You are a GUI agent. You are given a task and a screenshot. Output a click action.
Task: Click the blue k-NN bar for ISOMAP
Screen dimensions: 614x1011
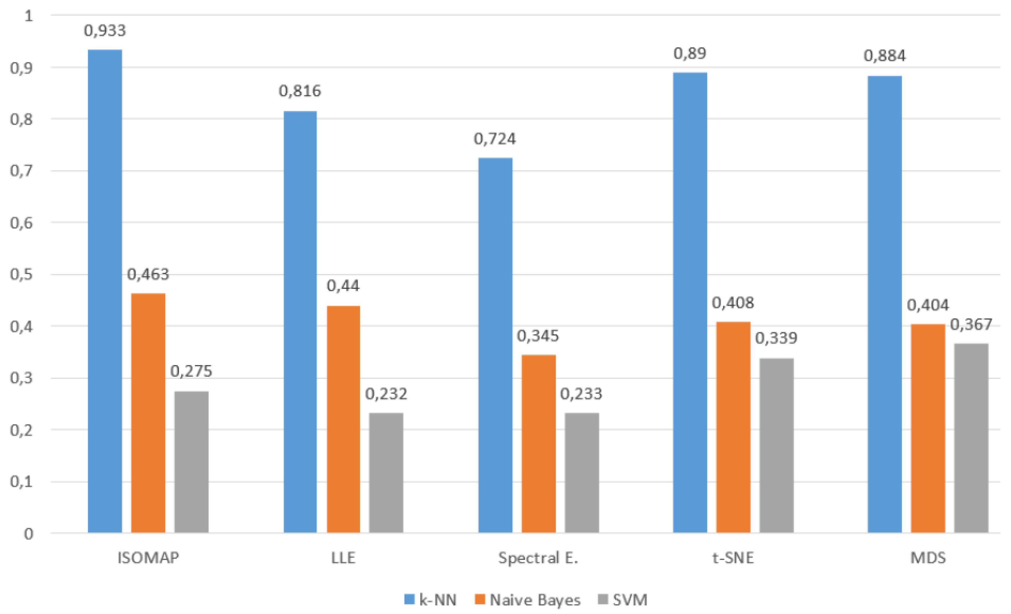[105, 291]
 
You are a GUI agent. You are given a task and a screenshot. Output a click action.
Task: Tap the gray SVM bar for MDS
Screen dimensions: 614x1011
[971, 438]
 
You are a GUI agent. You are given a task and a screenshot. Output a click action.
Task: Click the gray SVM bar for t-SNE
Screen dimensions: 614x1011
[776, 445]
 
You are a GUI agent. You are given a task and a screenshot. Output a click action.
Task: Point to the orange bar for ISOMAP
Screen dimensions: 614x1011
[148, 413]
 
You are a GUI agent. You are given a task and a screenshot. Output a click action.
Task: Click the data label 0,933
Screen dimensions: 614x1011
[105, 30]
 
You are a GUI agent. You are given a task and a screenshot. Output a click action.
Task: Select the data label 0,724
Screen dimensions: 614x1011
[494, 139]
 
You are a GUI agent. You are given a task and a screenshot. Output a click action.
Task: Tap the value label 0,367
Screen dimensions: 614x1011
[971, 325]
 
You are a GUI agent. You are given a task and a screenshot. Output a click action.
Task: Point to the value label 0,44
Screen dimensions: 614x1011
[343, 286]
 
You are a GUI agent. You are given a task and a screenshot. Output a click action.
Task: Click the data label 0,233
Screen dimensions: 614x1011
[581, 394]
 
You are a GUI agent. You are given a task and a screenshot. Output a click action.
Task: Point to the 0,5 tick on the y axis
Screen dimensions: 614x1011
[21, 275]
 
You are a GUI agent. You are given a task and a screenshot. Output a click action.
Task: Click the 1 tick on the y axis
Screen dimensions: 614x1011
[28, 16]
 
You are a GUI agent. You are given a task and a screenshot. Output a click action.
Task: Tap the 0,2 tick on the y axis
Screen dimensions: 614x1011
[21, 430]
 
